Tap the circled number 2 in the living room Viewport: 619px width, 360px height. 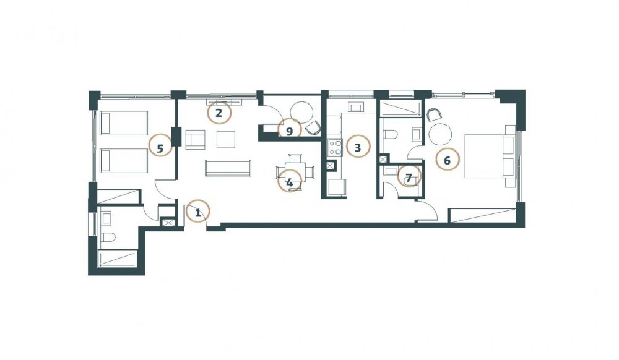pos(219,113)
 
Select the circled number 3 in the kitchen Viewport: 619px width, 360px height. pos(358,147)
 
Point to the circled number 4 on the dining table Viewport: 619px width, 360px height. pos(290,182)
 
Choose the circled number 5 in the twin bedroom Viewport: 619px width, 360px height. pos(160,148)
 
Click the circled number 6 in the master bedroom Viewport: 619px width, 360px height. pos(448,160)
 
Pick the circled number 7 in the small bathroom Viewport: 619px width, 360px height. pos(409,178)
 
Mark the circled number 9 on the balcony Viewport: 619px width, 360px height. pos(290,131)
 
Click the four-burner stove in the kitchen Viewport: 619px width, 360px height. pos(335,148)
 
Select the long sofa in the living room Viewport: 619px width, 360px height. pos(228,168)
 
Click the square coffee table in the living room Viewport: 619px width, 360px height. pos(226,139)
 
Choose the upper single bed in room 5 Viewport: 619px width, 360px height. pos(124,123)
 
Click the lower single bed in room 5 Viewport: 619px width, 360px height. pos(124,160)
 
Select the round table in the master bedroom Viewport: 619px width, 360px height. pos(440,134)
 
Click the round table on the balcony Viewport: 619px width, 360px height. pos(302,113)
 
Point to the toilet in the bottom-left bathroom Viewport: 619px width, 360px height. pos(107,238)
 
